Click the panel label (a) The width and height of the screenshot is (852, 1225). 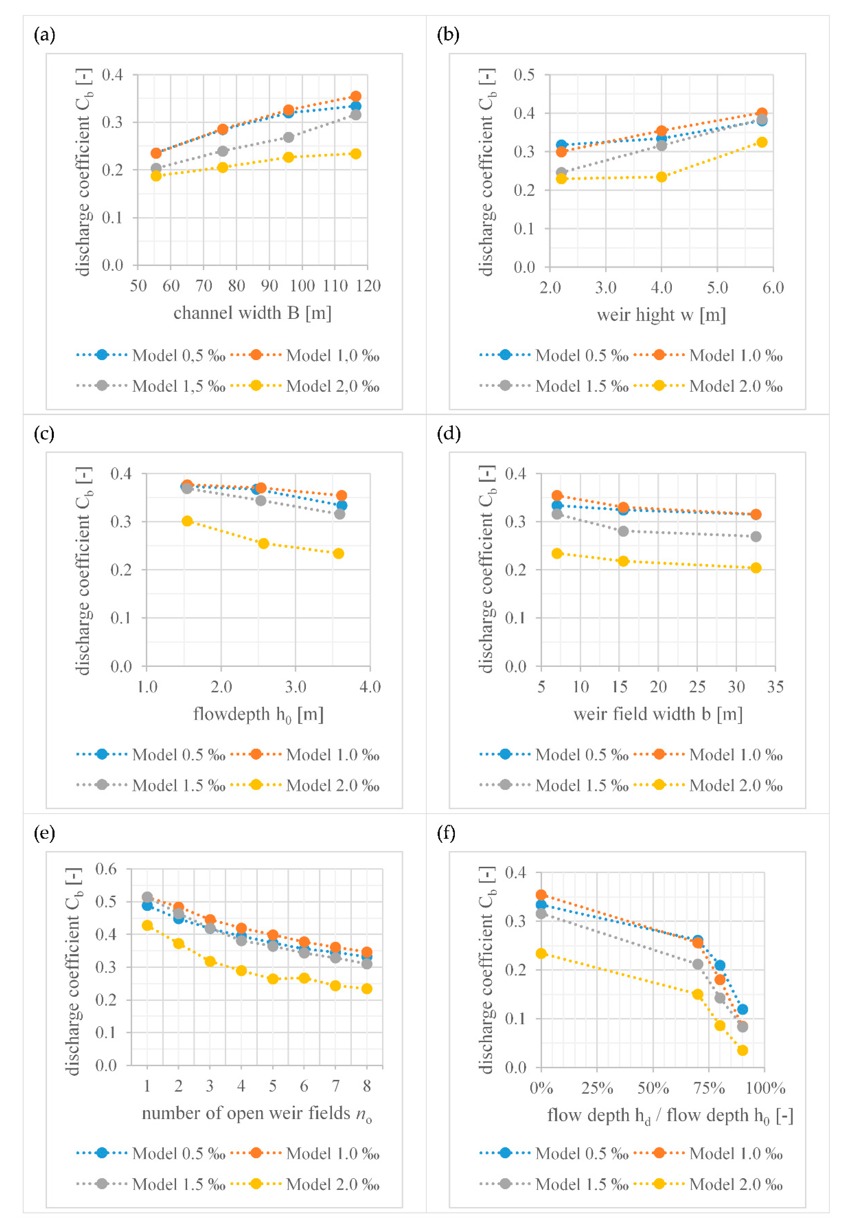(x=44, y=35)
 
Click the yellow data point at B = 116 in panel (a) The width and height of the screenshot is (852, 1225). (x=355, y=154)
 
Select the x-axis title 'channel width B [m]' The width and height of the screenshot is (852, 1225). (x=252, y=313)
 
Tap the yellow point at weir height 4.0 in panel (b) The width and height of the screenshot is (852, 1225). (x=661, y=177)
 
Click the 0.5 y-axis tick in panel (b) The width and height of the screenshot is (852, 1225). (x=524, y=75)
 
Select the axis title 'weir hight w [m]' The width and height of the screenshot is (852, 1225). (x=661, y=315)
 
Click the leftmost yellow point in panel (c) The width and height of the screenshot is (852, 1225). (x=187, y=521)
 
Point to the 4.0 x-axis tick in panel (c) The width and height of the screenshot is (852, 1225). (x=370, y=687)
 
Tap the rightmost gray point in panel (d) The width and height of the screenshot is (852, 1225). (x=755, y=536)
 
